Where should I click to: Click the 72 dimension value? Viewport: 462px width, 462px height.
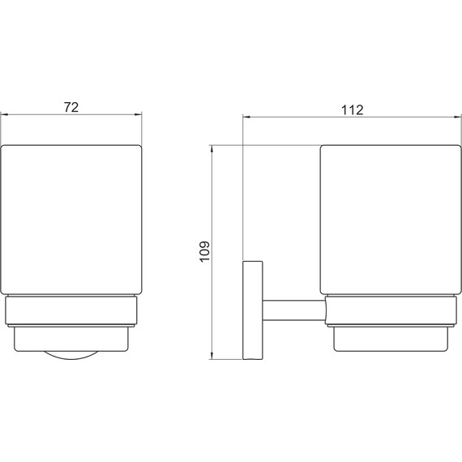[71, 107]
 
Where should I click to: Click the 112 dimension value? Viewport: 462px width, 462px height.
[353, 110]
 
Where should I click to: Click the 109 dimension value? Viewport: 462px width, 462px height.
[204, 251]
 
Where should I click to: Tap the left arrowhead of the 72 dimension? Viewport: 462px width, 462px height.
[5, 115]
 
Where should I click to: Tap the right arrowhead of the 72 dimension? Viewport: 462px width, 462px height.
[138, 115]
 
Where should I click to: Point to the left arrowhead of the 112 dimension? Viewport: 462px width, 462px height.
[246, 118]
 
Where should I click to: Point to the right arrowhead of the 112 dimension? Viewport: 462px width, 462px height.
[457, 118]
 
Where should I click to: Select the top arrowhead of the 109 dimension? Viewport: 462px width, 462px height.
[212, 149]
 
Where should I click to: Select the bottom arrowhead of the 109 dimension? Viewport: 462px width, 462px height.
[212, 355]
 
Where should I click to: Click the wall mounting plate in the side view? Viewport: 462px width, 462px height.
[253, 310]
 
